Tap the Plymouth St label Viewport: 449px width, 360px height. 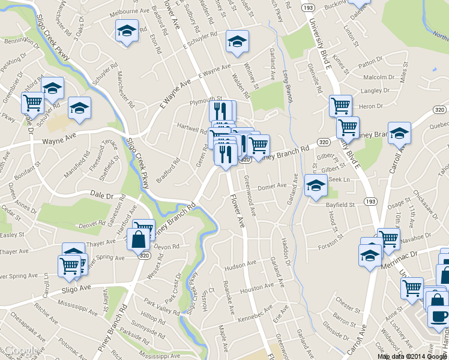point(206,99)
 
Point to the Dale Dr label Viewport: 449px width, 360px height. point(101,195)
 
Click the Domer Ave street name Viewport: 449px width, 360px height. point(271,187)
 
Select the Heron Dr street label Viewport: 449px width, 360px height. point(371,106)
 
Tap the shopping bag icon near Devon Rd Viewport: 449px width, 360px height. point(138,240)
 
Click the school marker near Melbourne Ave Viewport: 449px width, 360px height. point(127,31)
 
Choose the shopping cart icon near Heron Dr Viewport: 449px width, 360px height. point(340,106)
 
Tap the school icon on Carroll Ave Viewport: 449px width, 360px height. point(399,134)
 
